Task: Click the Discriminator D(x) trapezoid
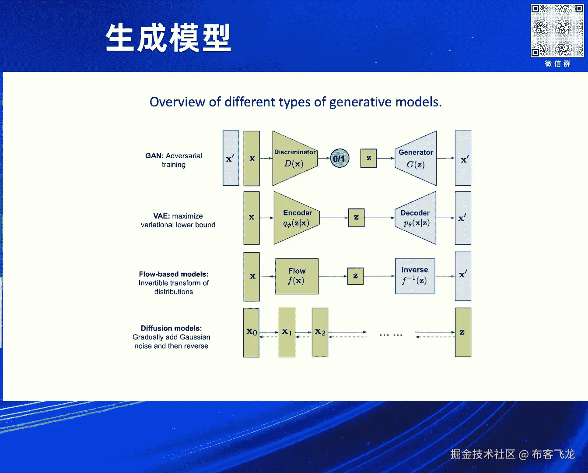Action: pos(294,159)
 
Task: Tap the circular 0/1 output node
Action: pos(339,159)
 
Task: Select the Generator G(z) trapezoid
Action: pos(416,159)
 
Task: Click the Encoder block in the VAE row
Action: pos(297,218)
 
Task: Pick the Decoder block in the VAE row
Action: pos(416,218)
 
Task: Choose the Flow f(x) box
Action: pos(297,276)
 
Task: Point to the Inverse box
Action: pos(415,276)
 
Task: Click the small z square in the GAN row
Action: pos(368,158)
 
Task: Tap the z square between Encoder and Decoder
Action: pos(356,218)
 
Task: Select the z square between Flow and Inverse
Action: pos(355,276)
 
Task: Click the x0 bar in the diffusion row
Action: pos(251,332)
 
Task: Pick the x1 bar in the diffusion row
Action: pos(287,332)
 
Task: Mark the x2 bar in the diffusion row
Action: pos(320,332)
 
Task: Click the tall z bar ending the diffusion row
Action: pos(463,332)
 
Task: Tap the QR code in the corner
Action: pos(557,31)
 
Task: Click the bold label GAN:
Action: pos(154,155)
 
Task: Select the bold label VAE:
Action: pos(161,216)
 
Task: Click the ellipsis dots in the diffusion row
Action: pos(391,335)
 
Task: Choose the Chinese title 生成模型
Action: pos(168,38)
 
